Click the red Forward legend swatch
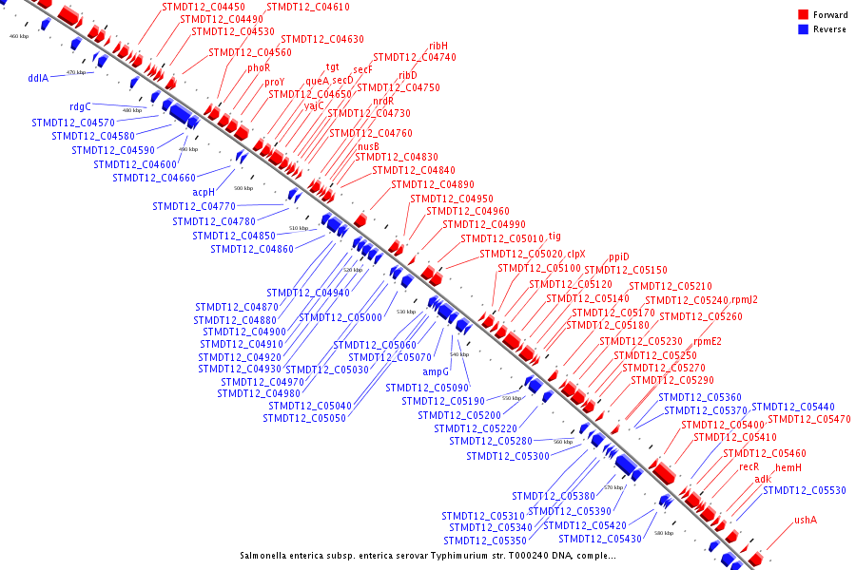[803, 15]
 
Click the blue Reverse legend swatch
[803, 29]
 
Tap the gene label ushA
[806, 520]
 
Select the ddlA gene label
[38, 79]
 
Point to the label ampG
[436, 371]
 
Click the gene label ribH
[438, 46]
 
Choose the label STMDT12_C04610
[308, 8]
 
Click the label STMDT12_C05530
[804, 490]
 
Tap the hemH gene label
[788, 467]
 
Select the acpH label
[204, 192]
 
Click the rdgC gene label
[80, 107]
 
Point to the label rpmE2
[707, 342]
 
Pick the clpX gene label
[576, 254]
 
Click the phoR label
[259, 67]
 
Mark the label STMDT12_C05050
[304, 418]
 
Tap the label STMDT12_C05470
[808, 419]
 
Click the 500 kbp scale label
[243, 188]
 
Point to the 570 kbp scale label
[613, 487]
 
